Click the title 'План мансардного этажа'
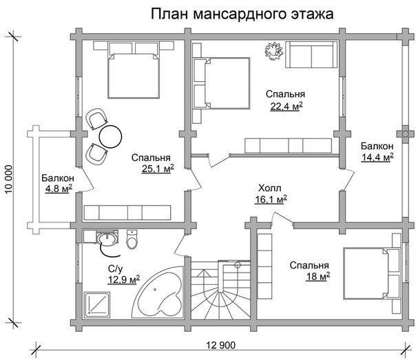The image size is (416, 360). [x=242, y=14]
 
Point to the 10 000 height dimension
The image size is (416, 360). [x=9, y=179]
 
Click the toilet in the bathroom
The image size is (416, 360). [x=132, y=240]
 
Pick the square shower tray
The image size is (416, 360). [x=97, y=305]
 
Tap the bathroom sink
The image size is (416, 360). [x=107, y=237]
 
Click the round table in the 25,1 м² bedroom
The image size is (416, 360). [x=110, y=136]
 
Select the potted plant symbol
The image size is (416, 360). [x=274, y=51]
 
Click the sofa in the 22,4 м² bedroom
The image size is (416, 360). [x=311, y=54]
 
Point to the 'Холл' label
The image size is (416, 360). [x=269, y=189]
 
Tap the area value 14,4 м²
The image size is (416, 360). [x=377, y=158]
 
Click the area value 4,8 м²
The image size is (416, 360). [x=59, y=189]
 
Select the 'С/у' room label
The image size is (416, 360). [x=116, y=269]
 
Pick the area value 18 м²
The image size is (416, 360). [x=318, y=277]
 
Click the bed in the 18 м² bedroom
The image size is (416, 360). [x=371, y=273]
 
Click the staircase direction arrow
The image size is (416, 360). [x=203, y=288]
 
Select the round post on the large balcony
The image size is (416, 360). [x=405, y=134]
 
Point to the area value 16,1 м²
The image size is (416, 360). [x=271, y=200]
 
